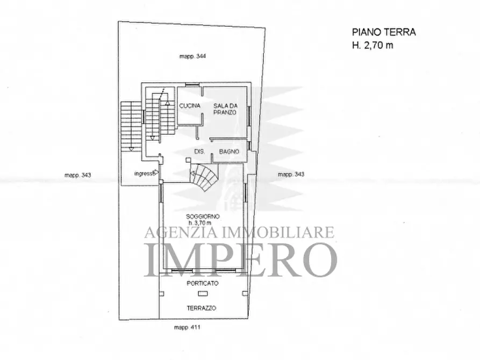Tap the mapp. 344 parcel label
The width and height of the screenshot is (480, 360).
193,56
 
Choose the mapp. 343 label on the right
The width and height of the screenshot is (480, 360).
291,174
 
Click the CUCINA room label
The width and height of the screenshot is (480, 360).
190,106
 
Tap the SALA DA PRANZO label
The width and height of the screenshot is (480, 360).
225,109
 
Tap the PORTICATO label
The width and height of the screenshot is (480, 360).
202,283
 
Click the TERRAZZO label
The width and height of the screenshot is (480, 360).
202,308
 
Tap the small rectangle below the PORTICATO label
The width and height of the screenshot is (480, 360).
202,293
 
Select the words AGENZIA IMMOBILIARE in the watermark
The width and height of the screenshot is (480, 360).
240,233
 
